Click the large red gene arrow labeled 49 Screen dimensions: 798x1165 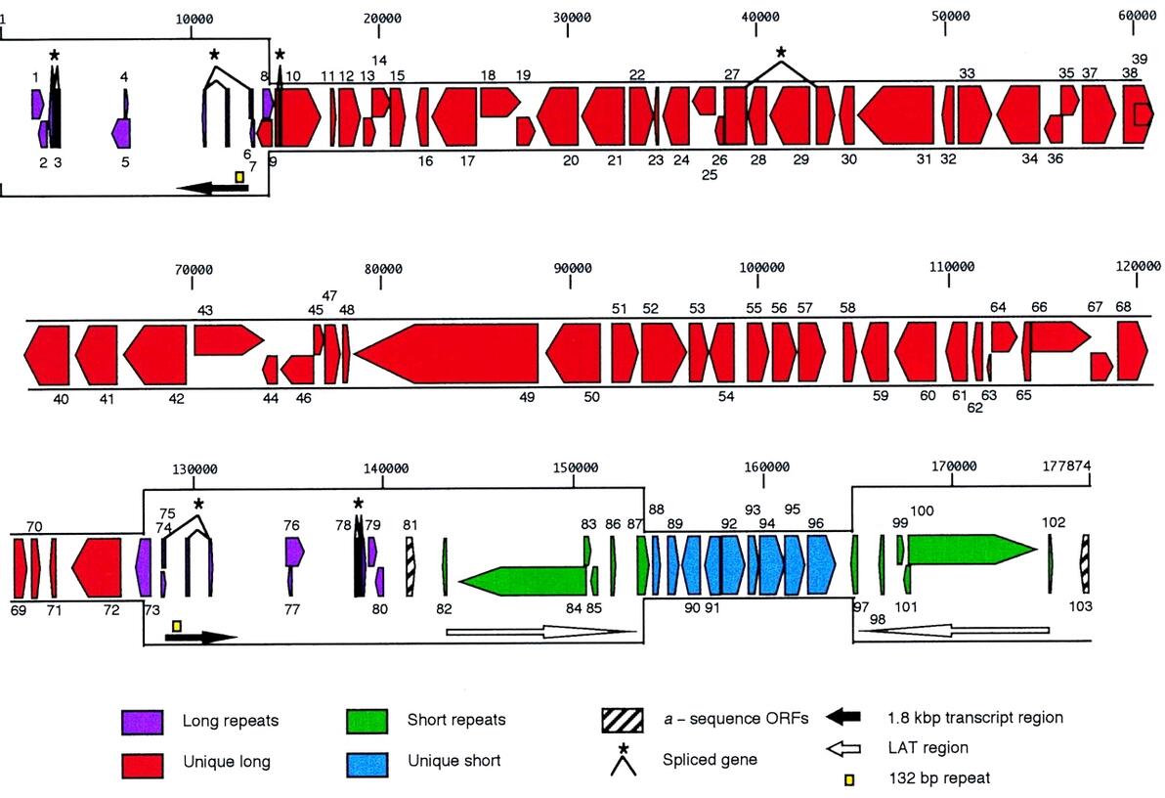(450, 353)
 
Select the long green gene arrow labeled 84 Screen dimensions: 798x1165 (523, 580)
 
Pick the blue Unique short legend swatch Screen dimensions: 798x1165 (367, 760)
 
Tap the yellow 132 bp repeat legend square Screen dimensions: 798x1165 (849, 778)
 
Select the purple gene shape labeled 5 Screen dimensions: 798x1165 (122, 131)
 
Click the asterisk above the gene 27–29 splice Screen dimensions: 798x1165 (780, 52)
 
